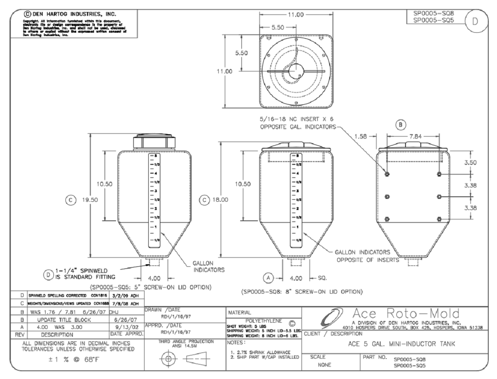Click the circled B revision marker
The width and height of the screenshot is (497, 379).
(401, 123)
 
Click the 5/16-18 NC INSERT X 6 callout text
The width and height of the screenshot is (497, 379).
(292, 120)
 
